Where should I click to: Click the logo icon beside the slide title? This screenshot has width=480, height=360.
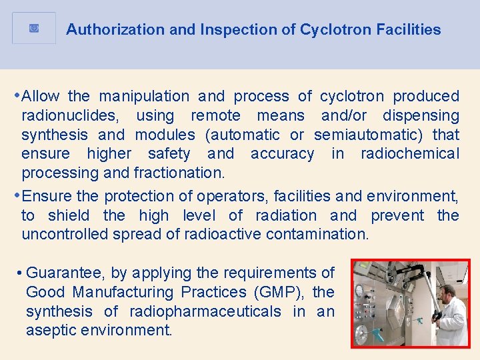(x=34, y=29)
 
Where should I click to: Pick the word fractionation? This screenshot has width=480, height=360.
(x=179, y=173)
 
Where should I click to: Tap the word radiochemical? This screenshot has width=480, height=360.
(x=409, y=154)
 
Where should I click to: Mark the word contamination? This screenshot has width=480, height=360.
(x=317, y=235)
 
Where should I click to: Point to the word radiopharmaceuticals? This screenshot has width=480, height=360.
(x=205, y=311)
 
